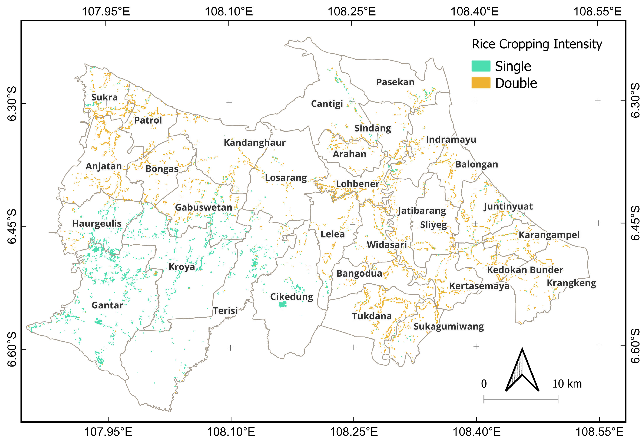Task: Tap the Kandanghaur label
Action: (254, 143)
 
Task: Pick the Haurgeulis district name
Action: (97, 224)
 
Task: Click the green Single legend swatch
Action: (481, 66)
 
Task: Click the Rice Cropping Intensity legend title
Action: (537, 44)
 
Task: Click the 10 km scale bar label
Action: (567, 384)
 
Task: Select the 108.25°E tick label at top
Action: (351, 12)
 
